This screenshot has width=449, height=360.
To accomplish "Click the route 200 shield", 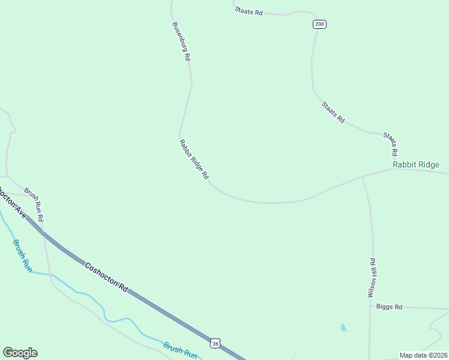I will [319, 24].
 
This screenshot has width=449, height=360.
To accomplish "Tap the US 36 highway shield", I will [215, 343].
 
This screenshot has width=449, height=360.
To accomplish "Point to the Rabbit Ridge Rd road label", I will [194, 160].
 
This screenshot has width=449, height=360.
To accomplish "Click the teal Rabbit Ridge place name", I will [416, 164].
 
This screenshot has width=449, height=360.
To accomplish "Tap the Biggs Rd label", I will [389, 307].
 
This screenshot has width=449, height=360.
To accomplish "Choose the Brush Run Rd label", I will [34, 208].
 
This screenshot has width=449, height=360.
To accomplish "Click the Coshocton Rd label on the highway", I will [107, 277].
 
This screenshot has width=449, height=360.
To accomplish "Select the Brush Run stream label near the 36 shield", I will [180, 350].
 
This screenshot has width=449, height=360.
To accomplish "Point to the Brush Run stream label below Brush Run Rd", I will [22, 256].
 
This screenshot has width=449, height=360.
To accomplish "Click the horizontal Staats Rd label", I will [249, 11].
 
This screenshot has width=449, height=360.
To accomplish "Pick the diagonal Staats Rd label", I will [333, 112].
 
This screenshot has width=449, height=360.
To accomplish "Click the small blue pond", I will [343, 328].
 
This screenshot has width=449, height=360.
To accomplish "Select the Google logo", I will [20, 353].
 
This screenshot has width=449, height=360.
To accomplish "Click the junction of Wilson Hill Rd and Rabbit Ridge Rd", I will [363, 177].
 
